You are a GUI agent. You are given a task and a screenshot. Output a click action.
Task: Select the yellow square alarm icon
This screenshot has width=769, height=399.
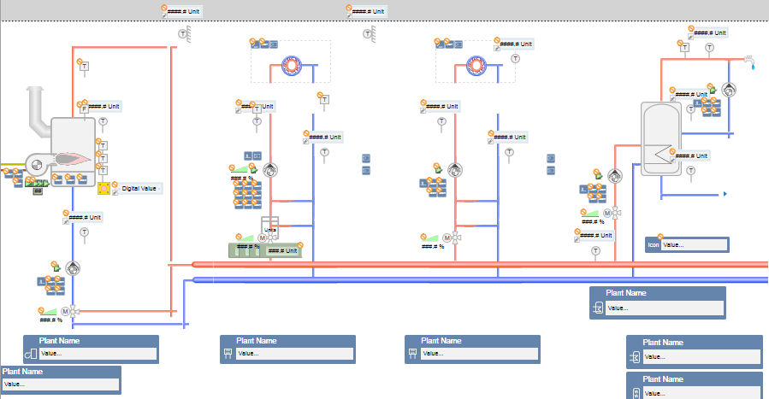click(104, 188)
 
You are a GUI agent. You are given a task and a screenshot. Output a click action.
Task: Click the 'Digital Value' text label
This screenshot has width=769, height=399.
click(140, 188)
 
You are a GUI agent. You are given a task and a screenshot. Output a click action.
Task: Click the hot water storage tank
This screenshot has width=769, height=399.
click(663, 138)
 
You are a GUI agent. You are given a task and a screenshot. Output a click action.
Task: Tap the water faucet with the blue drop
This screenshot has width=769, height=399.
click(750, 62)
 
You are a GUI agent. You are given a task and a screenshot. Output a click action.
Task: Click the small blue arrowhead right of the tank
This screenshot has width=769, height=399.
click(725, 195)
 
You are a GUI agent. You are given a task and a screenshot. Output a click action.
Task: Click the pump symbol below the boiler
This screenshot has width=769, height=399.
click(73, 268)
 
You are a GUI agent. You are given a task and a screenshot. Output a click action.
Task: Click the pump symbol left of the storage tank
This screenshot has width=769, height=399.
click(616, 174)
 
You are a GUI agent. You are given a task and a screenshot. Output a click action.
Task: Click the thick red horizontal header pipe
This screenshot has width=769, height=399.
click(479, 265)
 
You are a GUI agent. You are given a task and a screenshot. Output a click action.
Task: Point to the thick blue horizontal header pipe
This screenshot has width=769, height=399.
click(479, 279)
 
